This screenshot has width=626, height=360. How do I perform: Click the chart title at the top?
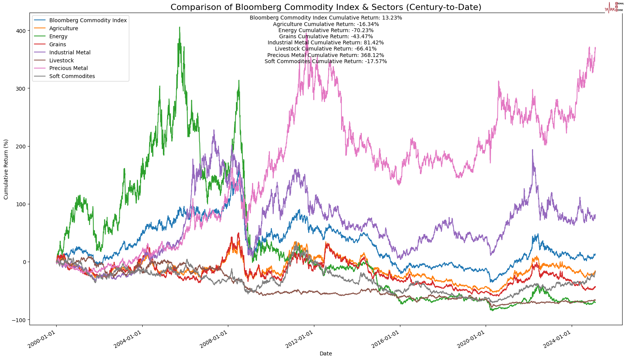[325, 7]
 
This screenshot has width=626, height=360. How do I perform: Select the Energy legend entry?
[58, 36]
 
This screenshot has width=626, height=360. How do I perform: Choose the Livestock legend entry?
[62, 60]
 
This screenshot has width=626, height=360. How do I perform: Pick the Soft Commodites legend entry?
[72, 76]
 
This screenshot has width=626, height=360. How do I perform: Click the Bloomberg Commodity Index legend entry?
[88, 20]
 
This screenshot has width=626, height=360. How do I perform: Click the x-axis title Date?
[325, 354]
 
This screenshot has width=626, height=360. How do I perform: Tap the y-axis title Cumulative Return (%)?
[6, 169]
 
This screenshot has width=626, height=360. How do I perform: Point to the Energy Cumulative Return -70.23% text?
[325, 30]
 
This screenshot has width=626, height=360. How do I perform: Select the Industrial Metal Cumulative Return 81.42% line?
[325, 42]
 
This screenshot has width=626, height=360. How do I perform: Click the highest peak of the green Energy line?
[179, 27]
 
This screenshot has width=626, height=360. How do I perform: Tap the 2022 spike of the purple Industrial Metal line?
[532, 150]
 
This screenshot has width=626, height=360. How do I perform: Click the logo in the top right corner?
[614, 7]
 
